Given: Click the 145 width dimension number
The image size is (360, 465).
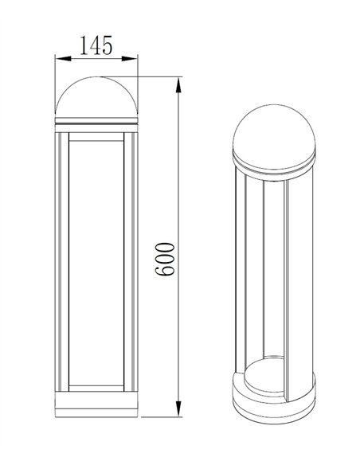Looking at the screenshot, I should (96, 46).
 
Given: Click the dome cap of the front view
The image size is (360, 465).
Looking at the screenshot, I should (96, 100).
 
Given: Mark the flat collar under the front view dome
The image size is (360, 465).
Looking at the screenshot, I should (96, 123).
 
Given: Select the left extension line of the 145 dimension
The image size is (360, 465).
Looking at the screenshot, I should (54, 76).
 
